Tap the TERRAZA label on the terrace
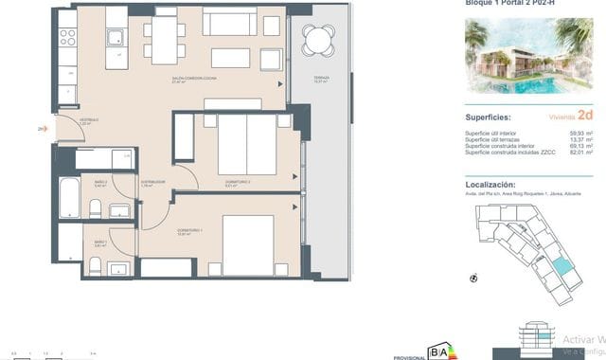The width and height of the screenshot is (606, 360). tap(320, 80)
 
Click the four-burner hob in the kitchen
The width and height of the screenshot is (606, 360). tap(68, 37)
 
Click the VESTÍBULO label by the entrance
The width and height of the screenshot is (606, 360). tap(63, 121)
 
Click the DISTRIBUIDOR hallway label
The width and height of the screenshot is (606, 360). tap(153, 182)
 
